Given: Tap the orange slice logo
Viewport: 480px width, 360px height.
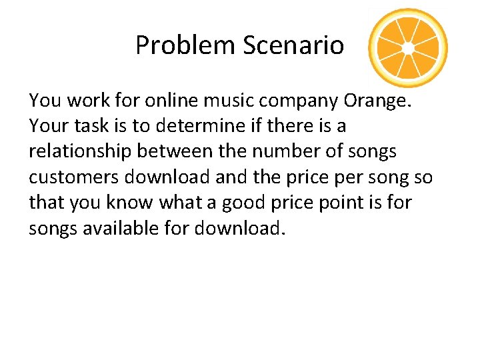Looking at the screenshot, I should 408,48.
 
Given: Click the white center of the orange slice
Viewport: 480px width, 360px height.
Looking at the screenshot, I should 408,48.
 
